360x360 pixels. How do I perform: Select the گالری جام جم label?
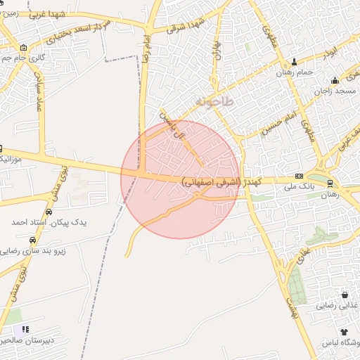pyautogui.click(x=31, y=58)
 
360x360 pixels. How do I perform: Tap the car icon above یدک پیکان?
pyautogui.click(x=49, y=212)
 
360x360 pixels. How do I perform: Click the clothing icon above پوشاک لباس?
pyautogui.click(x=344, y=331)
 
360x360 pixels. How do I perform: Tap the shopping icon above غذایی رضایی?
pyautogui.click(x=345, y=295)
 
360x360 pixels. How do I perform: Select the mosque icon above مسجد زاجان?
pyautogui.click(x=335, y=79)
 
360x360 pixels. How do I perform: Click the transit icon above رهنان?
pyautogui.click(x=330, y=184)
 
